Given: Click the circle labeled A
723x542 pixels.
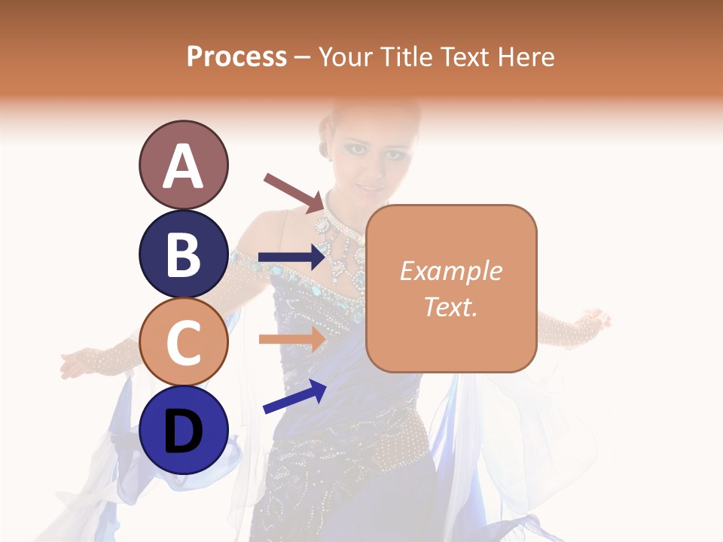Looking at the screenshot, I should (183, 165).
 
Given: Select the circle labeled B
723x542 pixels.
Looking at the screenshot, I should (183, 254).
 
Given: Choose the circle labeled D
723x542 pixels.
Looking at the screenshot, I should (183, 431).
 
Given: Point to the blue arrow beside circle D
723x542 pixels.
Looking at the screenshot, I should (294, 396).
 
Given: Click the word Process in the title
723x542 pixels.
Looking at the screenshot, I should (236, 56).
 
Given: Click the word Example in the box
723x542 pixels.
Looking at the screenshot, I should (451, 271).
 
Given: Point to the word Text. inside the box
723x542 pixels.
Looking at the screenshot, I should (451, 306).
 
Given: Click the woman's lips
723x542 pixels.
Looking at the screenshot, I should (370, 188).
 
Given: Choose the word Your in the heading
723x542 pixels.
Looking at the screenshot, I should (345, 56).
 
